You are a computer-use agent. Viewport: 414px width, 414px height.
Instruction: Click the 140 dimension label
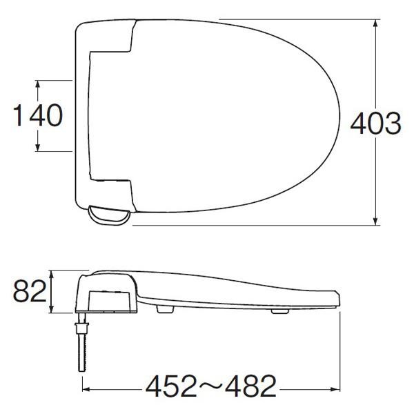click(38, 115)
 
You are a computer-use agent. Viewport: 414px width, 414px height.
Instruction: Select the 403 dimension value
click(375, 123)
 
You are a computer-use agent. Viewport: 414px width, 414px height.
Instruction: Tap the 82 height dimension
click(30, 291)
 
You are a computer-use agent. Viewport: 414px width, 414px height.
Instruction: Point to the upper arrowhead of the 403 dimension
click(375, 26)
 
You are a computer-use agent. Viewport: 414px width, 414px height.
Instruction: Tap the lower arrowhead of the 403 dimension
click(375, 219)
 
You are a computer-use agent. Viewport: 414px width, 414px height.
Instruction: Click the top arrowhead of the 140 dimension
click(37, 86)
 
